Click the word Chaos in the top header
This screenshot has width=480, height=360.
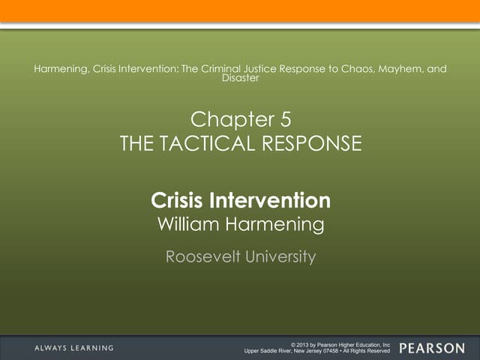click(346, 69)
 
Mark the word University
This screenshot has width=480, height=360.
click(278, 257)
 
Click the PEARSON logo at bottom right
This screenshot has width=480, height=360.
click(432, 348)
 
